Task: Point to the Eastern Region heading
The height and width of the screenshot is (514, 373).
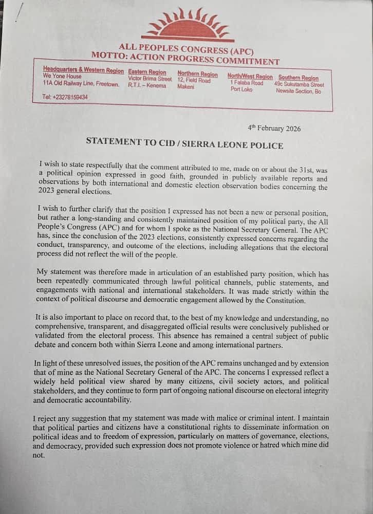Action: [147, 72]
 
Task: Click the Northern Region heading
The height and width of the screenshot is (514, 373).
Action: [198, 74]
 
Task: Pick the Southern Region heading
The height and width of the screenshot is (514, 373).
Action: [299, 78]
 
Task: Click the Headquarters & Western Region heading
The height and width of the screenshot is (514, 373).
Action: [83, 70]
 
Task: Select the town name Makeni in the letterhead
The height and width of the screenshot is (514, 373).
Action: [185, 87]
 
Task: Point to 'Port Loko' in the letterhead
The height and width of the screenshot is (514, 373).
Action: [242, 89]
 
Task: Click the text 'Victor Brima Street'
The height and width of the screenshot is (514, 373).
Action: [150, 79]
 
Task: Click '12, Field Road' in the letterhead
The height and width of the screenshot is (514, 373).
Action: [194, 81]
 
